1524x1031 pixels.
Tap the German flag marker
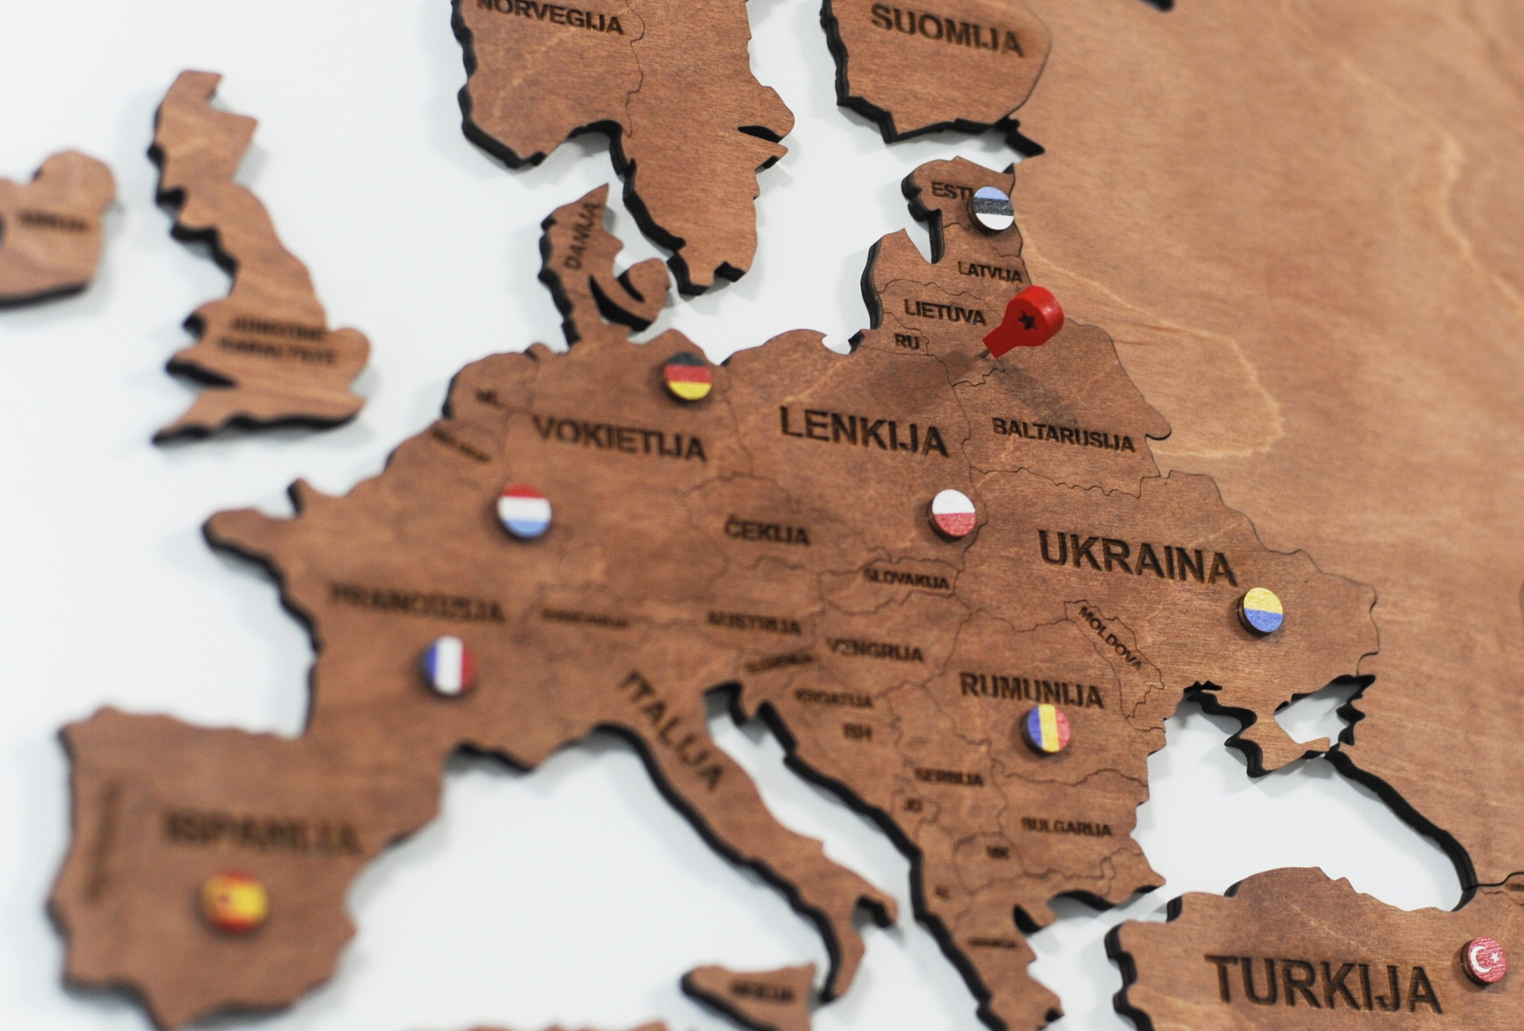tap(687, 377)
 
